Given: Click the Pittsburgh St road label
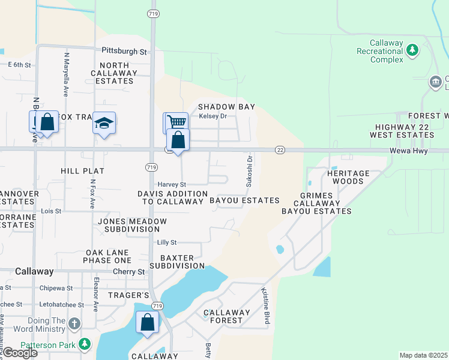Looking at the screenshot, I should pos(124,52).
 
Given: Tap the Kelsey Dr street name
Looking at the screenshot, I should pos(213,116).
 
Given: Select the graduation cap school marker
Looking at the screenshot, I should pos(104,123).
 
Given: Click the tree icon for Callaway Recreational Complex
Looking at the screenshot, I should pos(412,50).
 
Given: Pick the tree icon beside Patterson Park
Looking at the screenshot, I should pos(85,344).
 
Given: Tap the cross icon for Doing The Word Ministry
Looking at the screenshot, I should pos(74,325).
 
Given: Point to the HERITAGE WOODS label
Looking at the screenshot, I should pos(345,177).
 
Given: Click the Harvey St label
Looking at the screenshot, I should pos(172,184).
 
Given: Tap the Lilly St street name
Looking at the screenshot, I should pos(166,242).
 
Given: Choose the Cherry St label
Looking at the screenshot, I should pos(129,271).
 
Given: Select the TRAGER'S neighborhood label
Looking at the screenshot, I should pos(128,295).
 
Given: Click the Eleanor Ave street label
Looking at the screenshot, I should pos(95,297).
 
